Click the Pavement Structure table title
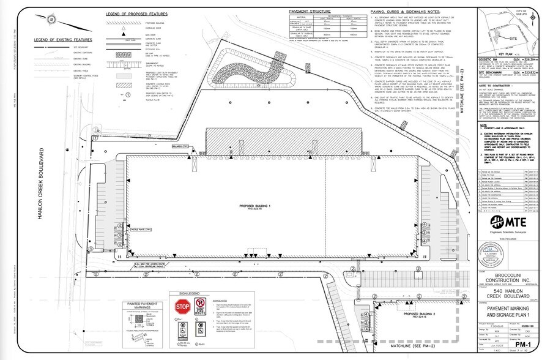tap(310, 11)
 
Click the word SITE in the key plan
tap(506, 37)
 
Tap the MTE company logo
tap(508, 221)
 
